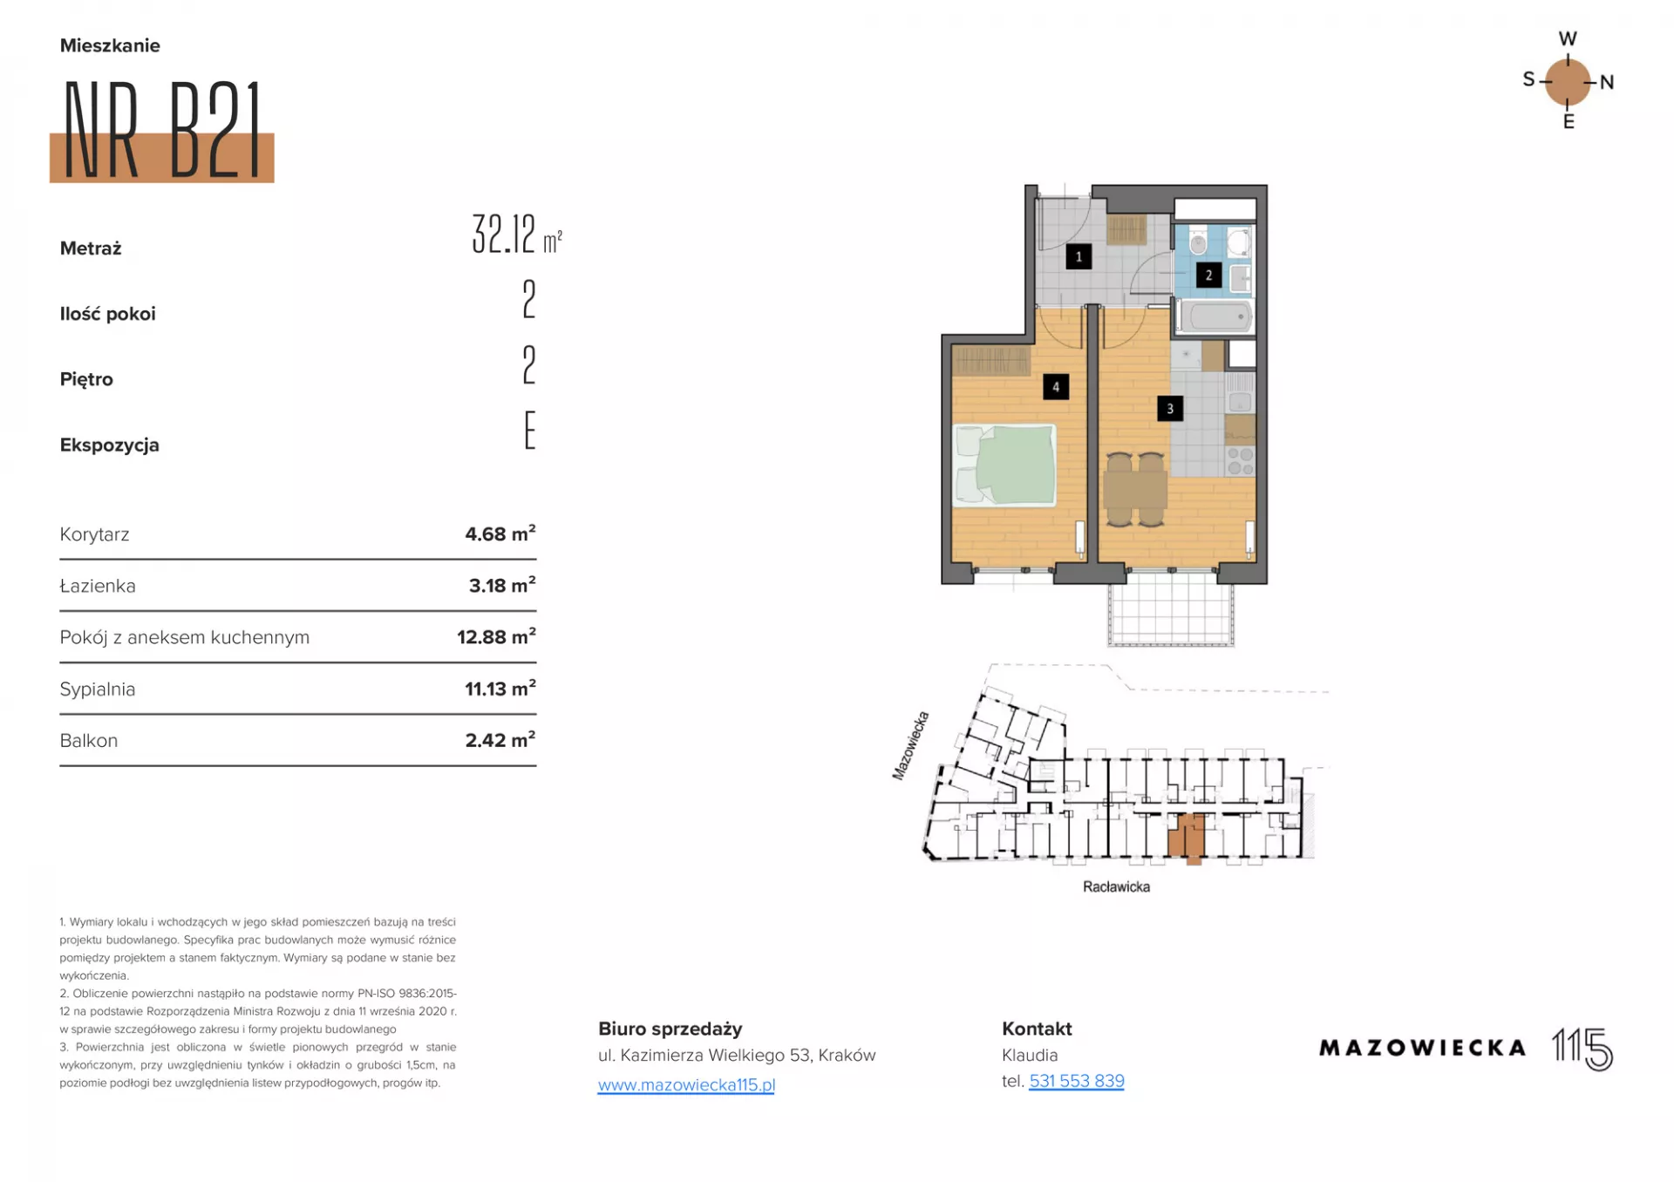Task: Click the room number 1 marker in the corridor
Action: point(1079,256)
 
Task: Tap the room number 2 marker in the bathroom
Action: point(1208,275)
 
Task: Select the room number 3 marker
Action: point(1170,408)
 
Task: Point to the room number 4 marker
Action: point(1056,387)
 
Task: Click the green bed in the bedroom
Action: point(1004,465)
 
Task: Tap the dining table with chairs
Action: point(1135,489)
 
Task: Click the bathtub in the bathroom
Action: point(1215,316)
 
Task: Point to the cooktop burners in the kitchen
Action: point(1241,461)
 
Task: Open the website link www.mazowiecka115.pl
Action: point(686,1085)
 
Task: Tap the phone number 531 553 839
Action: point(1077,1081)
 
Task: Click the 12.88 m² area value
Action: point(496,636)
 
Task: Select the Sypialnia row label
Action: point(98,689)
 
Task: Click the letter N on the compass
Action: point(1607,83)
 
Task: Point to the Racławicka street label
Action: point(1116,886)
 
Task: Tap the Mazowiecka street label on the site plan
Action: point(911,745)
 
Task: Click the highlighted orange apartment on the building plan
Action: point(1187,838)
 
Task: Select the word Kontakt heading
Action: point(1037,1029)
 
